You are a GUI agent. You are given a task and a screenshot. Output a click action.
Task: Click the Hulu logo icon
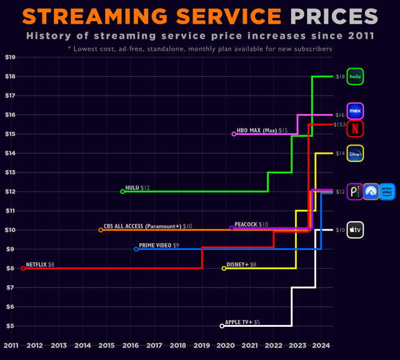[x=355, y=76]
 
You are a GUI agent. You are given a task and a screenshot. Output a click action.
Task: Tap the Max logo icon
[x=355, y=111]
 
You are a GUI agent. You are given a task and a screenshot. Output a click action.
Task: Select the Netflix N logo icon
[x=355, y=129]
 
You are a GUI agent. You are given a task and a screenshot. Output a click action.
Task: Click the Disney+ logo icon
[x=355, y=153]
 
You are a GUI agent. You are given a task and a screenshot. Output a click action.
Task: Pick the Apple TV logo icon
[x=355, y=230]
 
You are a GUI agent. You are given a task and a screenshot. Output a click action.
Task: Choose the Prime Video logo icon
[x=387, y=192]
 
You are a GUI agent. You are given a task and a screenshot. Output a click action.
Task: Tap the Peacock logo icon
[x=355, y=192]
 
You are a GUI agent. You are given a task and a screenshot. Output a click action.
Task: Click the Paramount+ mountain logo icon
[x=371, y=192]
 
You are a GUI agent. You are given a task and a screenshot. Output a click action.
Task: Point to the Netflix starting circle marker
[x=23, y=268]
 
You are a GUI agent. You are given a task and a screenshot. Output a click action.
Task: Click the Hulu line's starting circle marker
[x=122, y=192]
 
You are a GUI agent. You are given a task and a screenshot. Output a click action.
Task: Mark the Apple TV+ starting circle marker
[x=222, y=326]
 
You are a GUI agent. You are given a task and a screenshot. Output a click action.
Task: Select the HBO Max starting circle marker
[x=234, y=134]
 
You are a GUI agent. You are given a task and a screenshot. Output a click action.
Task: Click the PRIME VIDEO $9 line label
[x=159, y=246]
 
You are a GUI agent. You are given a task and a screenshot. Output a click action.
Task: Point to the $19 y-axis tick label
[x=10, y=57]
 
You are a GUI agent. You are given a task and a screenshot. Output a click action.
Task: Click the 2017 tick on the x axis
[x=154, y=346]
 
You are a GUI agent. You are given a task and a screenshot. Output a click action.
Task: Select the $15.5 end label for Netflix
[x=340, y=124]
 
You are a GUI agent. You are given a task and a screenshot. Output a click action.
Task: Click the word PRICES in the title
[x=334, y=17]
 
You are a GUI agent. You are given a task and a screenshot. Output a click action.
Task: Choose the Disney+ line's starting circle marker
[x=224, y=268]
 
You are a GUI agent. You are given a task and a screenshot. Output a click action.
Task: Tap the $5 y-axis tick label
[x=10, y=326]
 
